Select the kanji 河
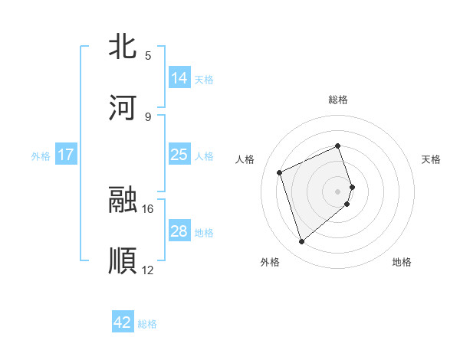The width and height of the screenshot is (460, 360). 123,108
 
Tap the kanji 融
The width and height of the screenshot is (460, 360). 123,200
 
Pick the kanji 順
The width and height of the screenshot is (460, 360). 123,261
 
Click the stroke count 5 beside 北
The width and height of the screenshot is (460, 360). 148,55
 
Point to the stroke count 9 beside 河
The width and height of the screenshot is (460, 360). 148,116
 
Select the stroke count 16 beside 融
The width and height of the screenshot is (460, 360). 148,208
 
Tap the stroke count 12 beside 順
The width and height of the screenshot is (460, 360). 148,270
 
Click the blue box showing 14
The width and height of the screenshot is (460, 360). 179,78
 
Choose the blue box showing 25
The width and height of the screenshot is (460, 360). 179,155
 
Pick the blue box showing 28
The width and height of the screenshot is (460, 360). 179,231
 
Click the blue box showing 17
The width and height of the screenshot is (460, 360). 66,155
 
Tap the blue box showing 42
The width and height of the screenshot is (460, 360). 123,322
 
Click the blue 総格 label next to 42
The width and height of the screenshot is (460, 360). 147,324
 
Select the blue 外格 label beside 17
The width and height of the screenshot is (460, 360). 41,156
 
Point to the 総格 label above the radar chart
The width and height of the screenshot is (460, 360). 338,100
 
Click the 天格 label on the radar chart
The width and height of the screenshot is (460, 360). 431,159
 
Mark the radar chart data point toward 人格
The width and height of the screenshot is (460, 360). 281,172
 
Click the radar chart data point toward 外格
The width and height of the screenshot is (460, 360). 302,242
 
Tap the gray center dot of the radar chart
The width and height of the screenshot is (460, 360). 338,191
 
